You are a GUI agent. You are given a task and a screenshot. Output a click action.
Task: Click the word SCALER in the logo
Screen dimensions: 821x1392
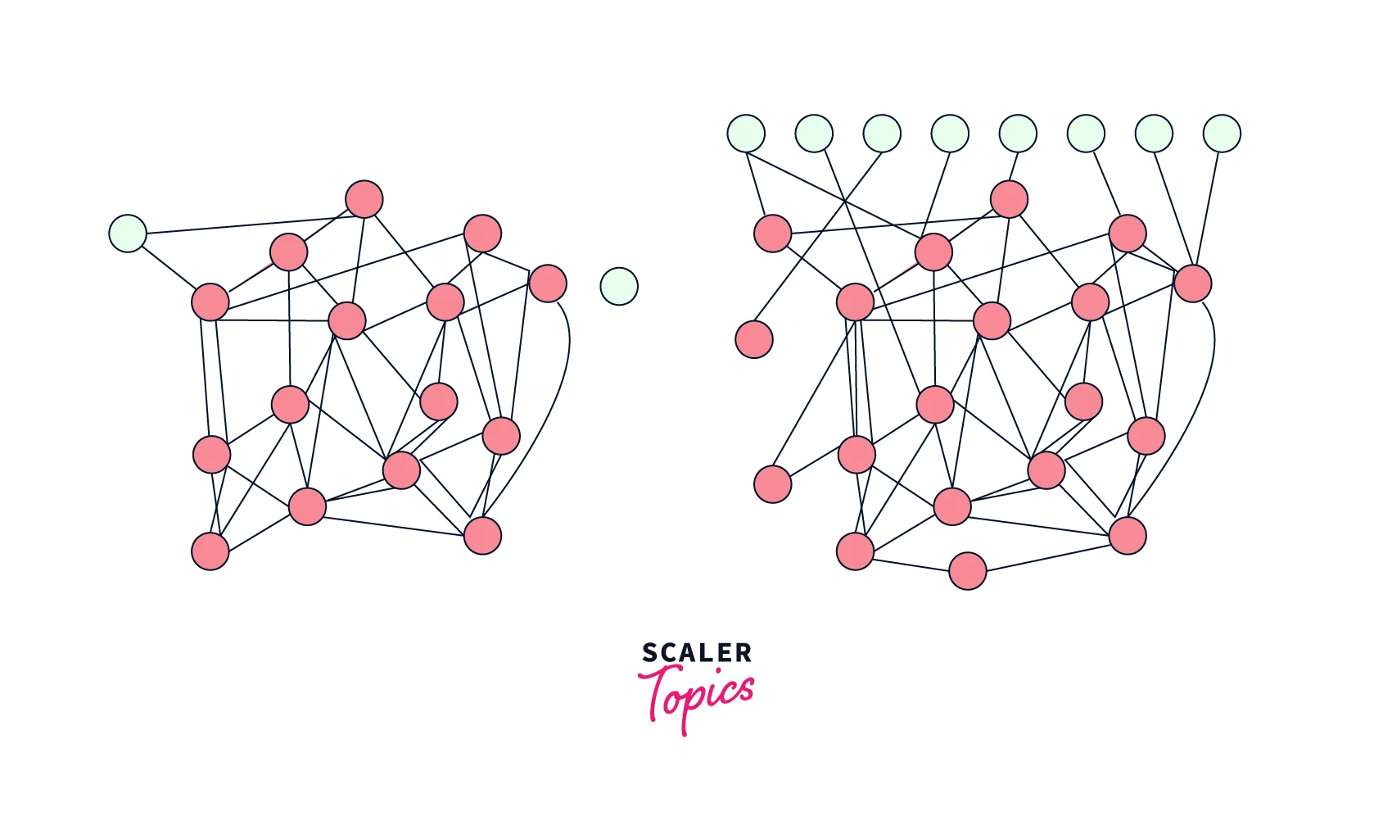pos(696,653)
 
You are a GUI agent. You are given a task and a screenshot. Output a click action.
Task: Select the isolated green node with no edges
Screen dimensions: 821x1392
pos(619,287)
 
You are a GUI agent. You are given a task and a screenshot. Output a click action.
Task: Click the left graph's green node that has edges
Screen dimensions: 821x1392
pos(128,234)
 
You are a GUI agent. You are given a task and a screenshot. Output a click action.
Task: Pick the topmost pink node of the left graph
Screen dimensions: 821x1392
pos(364,199)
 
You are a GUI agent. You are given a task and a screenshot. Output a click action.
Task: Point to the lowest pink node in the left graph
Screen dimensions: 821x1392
pos(210,551)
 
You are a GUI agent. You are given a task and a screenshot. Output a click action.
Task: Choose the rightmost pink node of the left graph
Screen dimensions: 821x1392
pos(548,283)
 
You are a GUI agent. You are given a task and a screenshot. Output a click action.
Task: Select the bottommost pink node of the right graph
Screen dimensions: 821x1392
pos(968,570)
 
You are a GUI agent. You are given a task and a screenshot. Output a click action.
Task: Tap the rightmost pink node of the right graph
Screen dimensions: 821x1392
pos(1193,283)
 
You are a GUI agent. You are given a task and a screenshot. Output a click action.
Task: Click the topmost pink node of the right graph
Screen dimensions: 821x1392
pos(1009,199)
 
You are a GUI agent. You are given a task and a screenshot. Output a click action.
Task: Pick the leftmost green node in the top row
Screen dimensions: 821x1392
pos(746,134)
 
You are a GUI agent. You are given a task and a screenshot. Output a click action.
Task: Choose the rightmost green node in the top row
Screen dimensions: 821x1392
pos(1222,134)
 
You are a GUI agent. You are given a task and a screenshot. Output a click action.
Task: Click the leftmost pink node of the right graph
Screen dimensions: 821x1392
pos(754,339)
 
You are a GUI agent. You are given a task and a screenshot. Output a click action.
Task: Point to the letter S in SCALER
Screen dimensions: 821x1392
pos(649,653)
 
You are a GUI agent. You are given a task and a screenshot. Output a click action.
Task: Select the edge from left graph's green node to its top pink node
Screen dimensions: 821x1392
pos(246,225)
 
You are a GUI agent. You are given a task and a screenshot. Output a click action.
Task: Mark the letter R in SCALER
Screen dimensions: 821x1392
pos(743,653)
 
